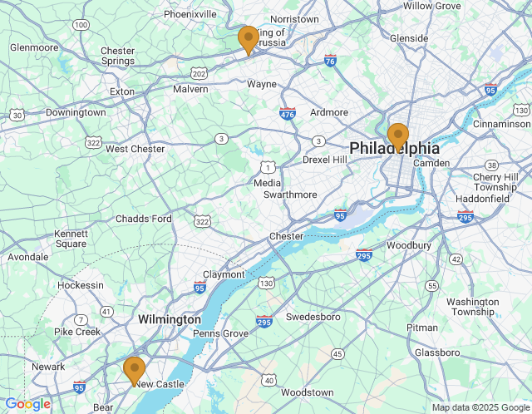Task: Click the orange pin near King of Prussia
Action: pyautogui.click(x=248, y=39)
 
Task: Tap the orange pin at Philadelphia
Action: pyautogui.click(x=398, y=136)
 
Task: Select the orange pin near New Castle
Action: pyautogui.click(x=134, y=370)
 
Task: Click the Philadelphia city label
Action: pyautogui.click(x=394, y=148)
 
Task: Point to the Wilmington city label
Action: pyautogui.click(x=170, y=319)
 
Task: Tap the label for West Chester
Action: pyautogui.click(x=135, y=149)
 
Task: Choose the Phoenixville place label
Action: pyautogui.click(x=190, y=14)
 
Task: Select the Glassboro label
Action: pyautogui.click(x=437, y=352)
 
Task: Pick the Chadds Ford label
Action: pyautogui.click(x=144, y=219)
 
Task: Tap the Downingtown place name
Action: pyautogui.click(x=76, y=112)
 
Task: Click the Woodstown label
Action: pyautogui.click(x=307, y=392)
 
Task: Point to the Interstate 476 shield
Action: pyautogui.click(x=288, y=114)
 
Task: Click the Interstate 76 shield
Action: pyautogui.click(x=331, y=61)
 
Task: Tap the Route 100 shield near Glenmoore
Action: pyautogui.click(x=81, y=25)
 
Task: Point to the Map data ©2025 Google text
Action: pyautogui.click(x=480, y=407)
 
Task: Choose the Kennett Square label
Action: pyautogui.click(x=71, y=239)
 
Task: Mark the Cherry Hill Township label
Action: pyautogui.click(x=495, y=182)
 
